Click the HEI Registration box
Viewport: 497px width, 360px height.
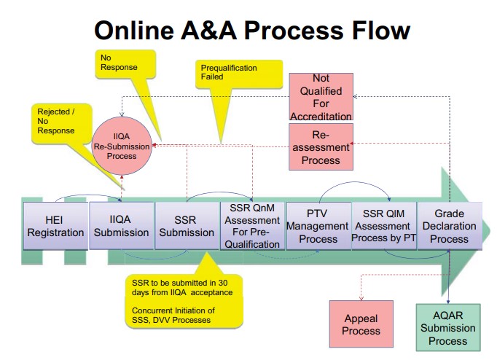pyautogui.click(x=55, y=225)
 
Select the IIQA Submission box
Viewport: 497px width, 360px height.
pyautogui.click(x=121, y=225)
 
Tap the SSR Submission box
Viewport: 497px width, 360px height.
pyautogui.click(x=187, y=225)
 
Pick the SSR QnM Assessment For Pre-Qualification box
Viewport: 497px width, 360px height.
pyautogui.click(x=252, y=225)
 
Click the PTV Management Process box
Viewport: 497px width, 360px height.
pyautogui.click(x=318, y=225)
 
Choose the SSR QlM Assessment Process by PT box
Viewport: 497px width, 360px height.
pyautogui.click(x=383, y=225)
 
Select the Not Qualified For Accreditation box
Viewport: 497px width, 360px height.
pyautogui.click(x=321, y=96)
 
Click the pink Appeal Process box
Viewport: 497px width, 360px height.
pyautogui.click(x=361, y=324)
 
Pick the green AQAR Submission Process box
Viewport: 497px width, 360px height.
pyautogui.click(x=448, y=328)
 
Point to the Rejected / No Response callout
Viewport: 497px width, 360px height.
pyautogui.click(x=59, y=121)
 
